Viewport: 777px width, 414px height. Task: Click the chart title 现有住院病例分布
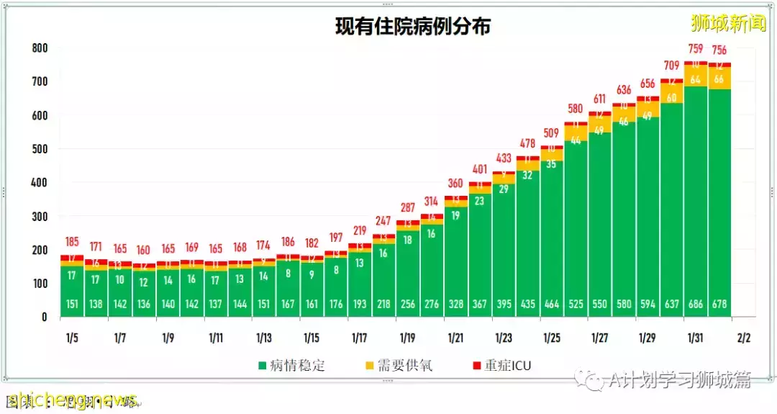413,27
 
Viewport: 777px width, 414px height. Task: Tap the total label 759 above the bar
696,49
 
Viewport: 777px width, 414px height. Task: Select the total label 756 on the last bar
719,50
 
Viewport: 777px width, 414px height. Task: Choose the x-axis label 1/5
72,338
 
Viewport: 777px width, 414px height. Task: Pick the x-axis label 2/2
743,338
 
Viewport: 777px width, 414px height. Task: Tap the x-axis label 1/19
407,338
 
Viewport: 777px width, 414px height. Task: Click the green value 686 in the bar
696,305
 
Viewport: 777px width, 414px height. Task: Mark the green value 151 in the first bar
72,305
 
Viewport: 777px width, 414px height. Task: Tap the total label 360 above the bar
455,183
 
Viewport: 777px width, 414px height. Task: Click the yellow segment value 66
719,79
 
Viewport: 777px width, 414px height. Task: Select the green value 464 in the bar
552,305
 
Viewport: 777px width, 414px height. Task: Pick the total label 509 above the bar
552,132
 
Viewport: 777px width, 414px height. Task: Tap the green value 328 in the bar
455,305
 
